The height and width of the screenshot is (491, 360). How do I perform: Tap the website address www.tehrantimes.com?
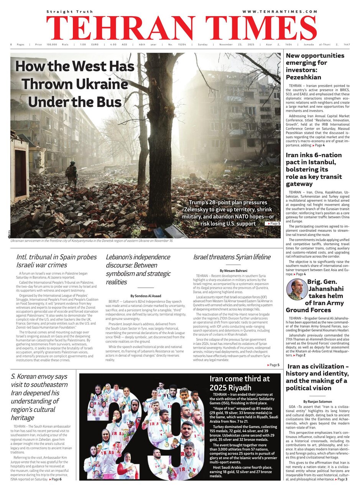pos(280,12)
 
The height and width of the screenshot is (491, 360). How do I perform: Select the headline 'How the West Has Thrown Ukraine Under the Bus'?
pos(75,84)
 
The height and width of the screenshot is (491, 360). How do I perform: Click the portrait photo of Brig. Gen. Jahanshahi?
pos(296,289)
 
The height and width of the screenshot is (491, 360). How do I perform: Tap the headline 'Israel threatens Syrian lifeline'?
pos(232,257)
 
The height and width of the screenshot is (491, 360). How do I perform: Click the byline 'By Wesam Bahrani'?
pos(233,271)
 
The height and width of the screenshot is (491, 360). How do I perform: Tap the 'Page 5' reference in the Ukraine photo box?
pos(274,223)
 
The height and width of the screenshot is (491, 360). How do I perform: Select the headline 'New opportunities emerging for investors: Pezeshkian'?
pos(315,66)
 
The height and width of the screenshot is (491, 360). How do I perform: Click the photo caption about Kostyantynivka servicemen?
pos(92,241)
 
